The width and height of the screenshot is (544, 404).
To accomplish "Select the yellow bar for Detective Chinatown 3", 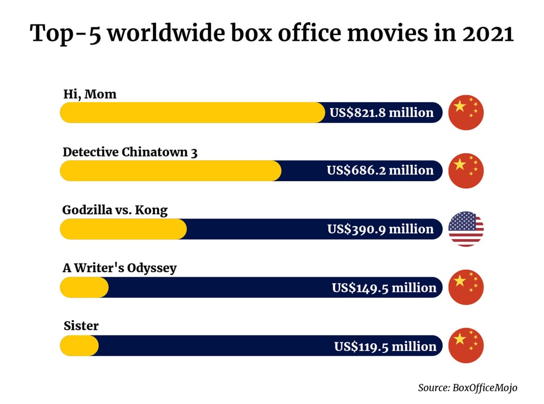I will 171,171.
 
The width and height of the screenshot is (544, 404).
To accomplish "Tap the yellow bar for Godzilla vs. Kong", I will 123,229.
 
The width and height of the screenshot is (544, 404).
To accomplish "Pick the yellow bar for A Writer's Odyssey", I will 84,288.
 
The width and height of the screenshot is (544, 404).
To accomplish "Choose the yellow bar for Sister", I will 79,346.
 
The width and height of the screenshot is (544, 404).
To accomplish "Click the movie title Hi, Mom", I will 89,95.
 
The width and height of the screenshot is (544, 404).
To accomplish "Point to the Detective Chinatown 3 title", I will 130,152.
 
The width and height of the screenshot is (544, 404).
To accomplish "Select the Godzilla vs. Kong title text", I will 115,210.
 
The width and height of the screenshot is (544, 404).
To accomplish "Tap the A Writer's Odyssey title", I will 120,268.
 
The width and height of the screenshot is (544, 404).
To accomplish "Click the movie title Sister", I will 81,326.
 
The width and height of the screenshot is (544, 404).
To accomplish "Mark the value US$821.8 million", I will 381,113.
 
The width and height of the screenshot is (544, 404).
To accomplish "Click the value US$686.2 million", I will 380,171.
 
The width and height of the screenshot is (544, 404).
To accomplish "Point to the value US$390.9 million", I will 380,229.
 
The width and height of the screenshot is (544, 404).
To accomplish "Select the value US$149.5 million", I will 384,288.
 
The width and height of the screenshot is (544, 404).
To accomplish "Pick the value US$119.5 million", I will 385,346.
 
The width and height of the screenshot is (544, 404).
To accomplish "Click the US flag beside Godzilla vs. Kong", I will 466,229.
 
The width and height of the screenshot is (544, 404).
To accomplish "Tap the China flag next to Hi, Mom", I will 466,113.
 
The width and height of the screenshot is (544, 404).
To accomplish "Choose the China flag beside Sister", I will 466,346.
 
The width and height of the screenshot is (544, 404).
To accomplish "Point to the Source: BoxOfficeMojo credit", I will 467,388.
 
